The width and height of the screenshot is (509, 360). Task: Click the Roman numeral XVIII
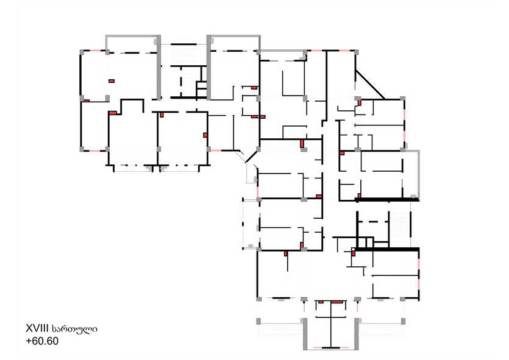(37, 328)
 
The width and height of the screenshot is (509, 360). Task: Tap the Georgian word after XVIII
(74, 329)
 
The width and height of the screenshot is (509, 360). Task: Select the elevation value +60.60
(42, 341)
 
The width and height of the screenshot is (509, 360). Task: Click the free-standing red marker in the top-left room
(112, 81)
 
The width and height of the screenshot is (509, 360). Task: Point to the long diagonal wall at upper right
(370, 84)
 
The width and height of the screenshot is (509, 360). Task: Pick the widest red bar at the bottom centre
(337, 302)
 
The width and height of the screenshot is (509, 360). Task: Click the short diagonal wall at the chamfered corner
(251, 156)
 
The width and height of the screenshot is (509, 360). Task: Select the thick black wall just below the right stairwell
(387, 249)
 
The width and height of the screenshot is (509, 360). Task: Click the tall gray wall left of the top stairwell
(158, 68)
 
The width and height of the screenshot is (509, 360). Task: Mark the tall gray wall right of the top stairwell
(208, 68)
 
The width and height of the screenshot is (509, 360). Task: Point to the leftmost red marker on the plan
(86, 101)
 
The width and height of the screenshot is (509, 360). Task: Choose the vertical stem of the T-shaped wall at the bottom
(331, 324)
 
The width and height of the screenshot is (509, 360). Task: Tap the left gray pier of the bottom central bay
(305, 334)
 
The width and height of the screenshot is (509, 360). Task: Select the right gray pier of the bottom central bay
(357, 334)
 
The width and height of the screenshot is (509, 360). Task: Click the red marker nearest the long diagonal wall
(360, 102)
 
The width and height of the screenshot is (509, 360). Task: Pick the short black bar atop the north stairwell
(183, 44)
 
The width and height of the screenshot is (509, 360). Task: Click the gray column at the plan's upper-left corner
(82, 52)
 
